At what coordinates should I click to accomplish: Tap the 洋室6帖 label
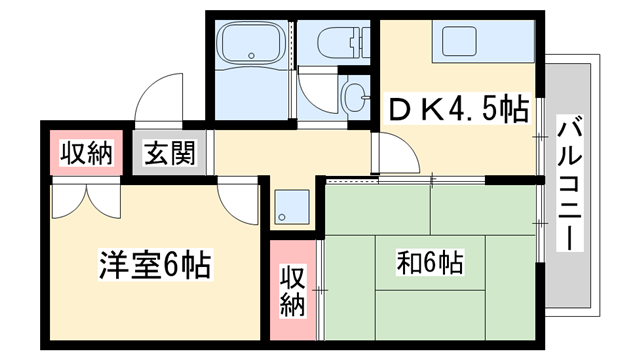[155, 266]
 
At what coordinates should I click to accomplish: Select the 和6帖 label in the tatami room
[430, 263]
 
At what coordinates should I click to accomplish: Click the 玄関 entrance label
[168, 154]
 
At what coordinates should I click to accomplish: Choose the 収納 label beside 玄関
[86, 154]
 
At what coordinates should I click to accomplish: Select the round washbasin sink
[353, 96]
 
